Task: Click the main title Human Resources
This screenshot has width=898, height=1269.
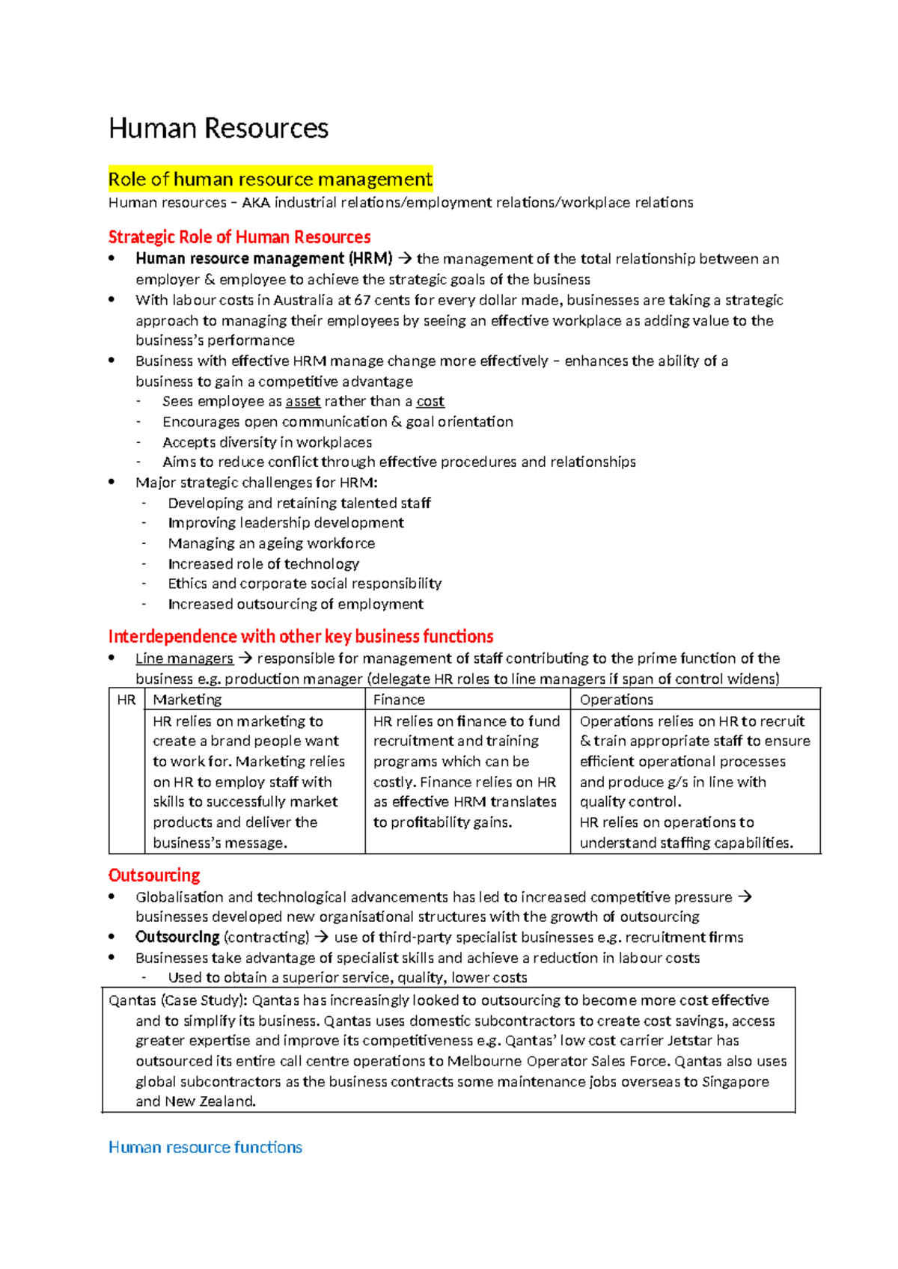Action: pos(218,128)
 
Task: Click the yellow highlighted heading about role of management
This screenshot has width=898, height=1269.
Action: pos(270,180)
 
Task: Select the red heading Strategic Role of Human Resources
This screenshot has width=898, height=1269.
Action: pos(239,237)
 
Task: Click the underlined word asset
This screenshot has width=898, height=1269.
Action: pos(303,402)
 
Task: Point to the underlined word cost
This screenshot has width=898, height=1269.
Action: pos(430,402)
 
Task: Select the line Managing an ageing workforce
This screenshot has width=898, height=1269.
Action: pos(271,543)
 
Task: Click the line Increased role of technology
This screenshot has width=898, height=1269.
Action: pos(263,563)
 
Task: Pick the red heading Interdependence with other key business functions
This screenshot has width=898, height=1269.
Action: pos(301,637)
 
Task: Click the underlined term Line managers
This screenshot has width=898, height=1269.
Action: pos(184,658)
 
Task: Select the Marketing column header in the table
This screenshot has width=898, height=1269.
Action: pos(187,700)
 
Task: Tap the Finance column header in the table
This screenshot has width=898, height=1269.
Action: pos(399,700)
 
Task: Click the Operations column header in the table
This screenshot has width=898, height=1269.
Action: pos(616,700)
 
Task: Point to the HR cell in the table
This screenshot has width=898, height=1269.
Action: pos(126,700)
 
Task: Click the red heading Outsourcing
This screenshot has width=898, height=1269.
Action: pos(154,875)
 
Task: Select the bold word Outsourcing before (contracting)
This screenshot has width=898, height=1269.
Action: pos(177,937)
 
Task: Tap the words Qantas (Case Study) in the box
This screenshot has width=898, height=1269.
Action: pos(177,1000)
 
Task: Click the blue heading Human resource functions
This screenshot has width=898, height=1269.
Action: pos(205,1147)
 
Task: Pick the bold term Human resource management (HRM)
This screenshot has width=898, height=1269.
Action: pos(263,259)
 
